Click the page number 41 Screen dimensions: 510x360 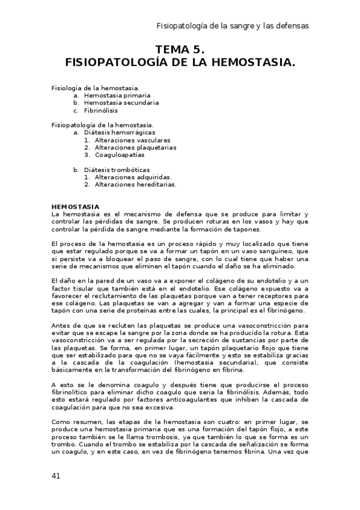click(56, 475)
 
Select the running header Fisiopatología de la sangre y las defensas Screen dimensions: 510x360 click(232, 26)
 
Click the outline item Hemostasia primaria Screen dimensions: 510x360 click(117, 95)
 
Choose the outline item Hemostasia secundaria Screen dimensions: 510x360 click(121, 102)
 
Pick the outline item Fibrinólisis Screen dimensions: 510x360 click(101, 110)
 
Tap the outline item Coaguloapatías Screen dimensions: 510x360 click(119, 155)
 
